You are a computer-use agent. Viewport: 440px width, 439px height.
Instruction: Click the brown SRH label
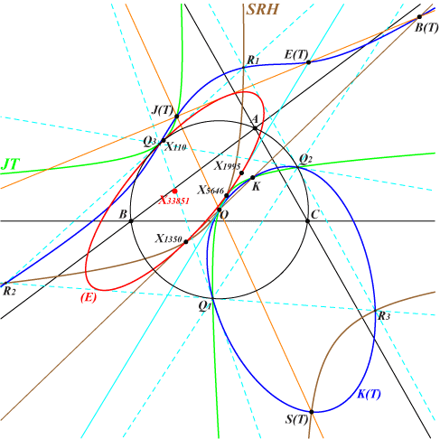tap(263, 10)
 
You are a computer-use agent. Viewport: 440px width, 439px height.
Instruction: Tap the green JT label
tap(11, 164)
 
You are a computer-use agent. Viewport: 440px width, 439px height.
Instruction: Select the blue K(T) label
tap(369, 394)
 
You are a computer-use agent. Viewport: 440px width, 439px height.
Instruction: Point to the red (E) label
tap(89, 297)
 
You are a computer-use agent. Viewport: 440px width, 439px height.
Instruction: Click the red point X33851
tap(174, 191)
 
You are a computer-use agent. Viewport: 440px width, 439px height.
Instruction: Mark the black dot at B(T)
tap(419, 17)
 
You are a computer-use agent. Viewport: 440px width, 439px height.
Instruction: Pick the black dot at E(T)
tap(308, 62)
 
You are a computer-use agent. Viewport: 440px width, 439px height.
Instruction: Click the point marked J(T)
tap(177, 117)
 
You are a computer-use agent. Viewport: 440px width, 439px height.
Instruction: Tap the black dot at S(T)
tap(312, 412)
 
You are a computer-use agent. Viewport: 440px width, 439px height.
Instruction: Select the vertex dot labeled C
tap(307, 221)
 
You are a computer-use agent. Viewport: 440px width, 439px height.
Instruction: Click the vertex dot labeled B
tap(131, 221)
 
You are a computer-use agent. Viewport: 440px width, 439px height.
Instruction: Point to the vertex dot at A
tap(255, 128)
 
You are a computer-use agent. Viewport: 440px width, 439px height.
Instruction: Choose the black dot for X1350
tap(186, 242)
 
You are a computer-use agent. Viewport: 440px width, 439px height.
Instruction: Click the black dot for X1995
tap(241, 173)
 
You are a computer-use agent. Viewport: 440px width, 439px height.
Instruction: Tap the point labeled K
tap(253, 178)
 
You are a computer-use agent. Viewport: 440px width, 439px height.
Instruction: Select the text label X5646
tap(211, 190)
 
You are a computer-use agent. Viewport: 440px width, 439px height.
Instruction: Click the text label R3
tap(384, 316)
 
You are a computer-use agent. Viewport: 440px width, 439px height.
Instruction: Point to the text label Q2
tap(305, 158)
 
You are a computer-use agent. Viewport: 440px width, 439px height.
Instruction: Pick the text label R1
tap(253, 61)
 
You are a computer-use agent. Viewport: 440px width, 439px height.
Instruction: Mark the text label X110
tap(176, 147)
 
